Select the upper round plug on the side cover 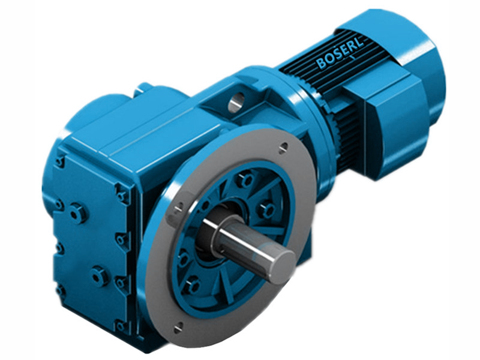coord(77,211)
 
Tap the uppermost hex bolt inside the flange coord(243,179)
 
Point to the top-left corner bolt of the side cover coord(60,161)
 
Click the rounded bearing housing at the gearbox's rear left coord(96,114)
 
